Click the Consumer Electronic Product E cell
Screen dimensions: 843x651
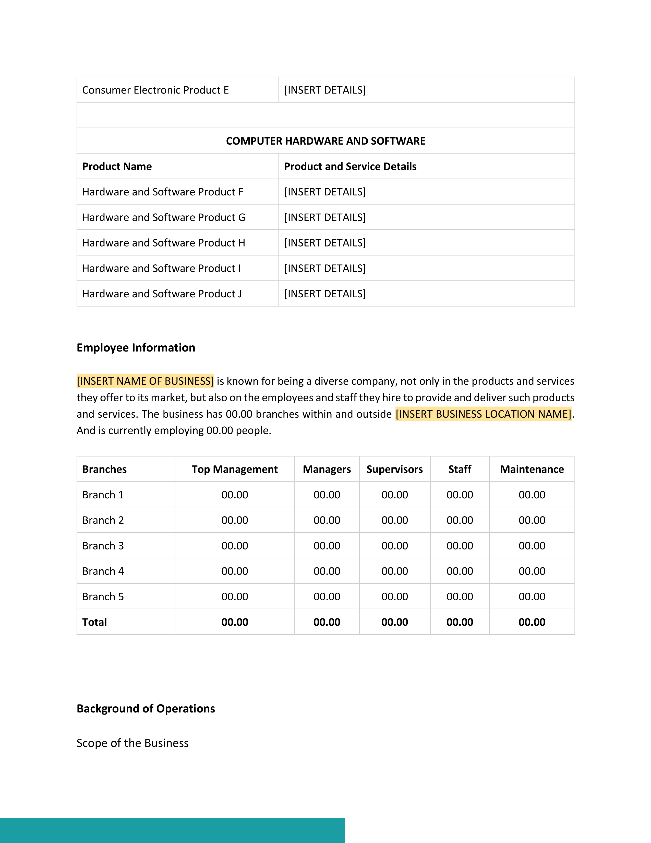tap(155, 90)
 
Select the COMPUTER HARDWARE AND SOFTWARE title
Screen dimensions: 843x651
tap(325, 141)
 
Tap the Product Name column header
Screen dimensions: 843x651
tap(117, 166)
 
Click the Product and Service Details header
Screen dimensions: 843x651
tap(350, 166)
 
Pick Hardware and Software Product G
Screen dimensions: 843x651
tap(164, 217)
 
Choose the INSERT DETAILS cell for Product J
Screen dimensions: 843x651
tap(325, 294)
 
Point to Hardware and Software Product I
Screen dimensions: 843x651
tap(162, 268)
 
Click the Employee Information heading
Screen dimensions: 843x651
tap(136, 347)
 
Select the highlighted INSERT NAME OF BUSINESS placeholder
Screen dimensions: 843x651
tap(145, 381)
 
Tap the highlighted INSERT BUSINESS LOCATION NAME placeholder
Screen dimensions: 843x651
tap(483, 414)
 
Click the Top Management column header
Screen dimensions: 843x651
tap(234, 469)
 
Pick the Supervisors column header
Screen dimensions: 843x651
tap(394, 469)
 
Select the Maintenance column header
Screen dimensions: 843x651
tap(532, 469)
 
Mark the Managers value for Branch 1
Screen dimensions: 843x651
tap(327, 495)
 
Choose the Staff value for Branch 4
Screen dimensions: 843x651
tap(460, 571)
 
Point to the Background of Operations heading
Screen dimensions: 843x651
tap(146, 708)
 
